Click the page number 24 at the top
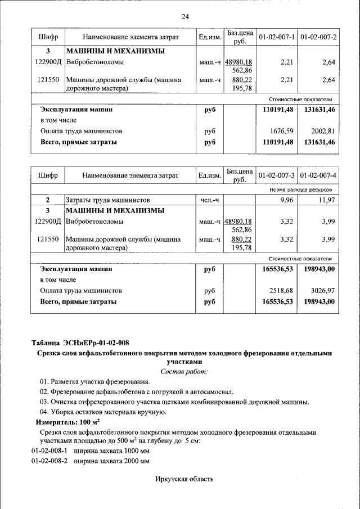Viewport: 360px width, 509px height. (185, 16)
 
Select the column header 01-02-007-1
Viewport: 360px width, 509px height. (277, 37)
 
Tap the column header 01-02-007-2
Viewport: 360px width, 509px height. (318, 37)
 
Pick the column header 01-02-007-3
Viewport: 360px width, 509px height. (277, 176)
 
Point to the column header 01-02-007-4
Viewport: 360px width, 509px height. (318, 176)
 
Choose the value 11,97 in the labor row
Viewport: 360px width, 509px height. (326, 200)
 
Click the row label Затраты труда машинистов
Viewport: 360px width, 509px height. (107, 200)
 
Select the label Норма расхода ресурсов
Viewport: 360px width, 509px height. (304, 190)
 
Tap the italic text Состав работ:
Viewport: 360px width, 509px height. (184, 371)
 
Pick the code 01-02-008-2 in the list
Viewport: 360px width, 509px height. (49, 461)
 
